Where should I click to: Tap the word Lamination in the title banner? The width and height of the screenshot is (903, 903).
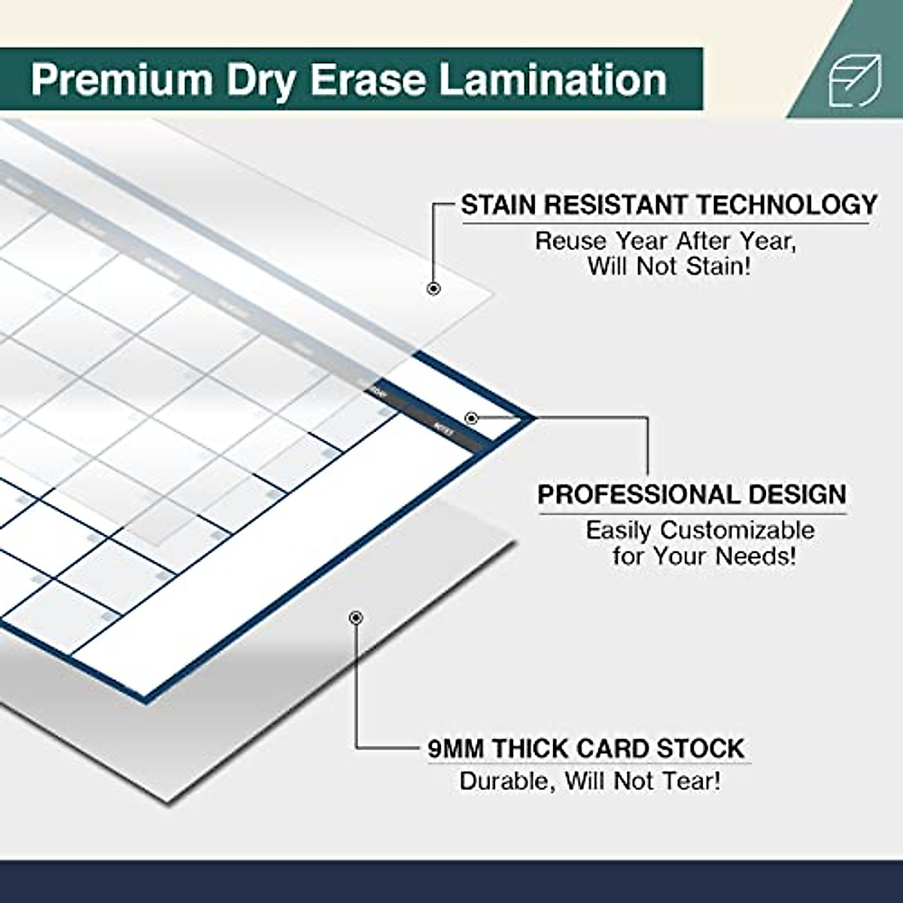pos(553,80)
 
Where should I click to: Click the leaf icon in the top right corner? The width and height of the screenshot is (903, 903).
pos(855,81)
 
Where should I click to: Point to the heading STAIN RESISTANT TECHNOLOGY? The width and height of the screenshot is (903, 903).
pos(669,205)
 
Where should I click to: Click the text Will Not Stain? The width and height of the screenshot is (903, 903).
pos(669,266)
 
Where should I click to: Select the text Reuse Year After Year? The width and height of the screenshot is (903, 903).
pos(665,241)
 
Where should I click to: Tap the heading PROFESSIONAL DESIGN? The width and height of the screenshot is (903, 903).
pos(692,494)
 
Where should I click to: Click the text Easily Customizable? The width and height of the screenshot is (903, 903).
pos(700,530)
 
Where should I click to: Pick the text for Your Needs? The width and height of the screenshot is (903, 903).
pos(704,556)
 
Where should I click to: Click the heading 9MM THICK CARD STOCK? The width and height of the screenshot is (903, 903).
pos(586,749)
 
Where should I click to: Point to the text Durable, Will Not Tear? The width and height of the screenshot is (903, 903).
pos(590,780)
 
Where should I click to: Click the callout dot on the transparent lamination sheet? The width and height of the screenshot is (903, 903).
pos(433,288)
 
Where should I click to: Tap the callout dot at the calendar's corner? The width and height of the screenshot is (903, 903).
pos(471,418)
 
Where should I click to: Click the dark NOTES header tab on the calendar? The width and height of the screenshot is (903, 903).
pos(444,427)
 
